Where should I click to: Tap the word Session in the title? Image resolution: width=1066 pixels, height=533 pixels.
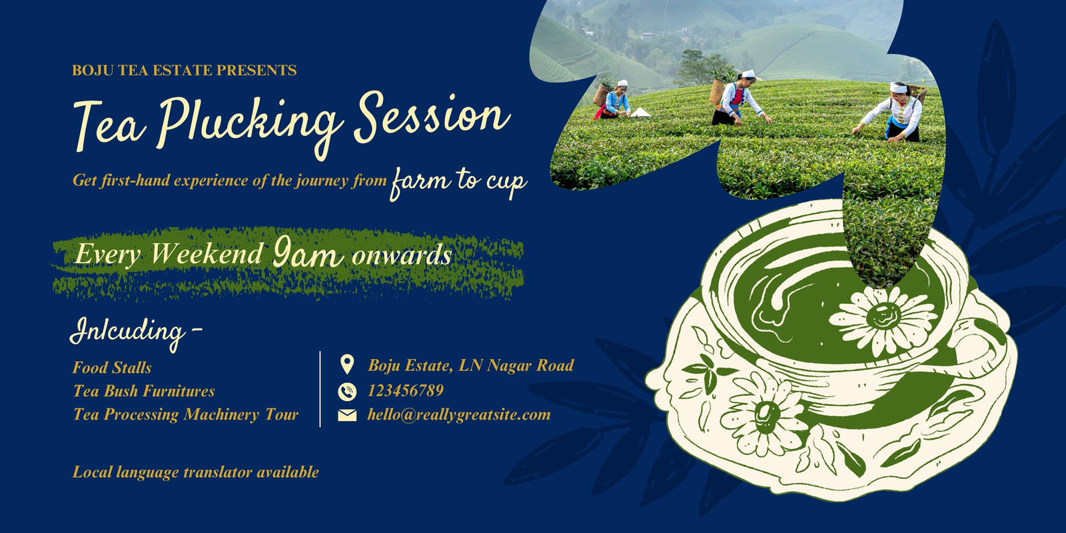[x=432, y=117]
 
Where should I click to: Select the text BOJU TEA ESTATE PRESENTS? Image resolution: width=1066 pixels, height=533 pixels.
[x=184, y=71]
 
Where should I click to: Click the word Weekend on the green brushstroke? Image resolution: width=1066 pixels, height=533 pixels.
[x=207, y=253]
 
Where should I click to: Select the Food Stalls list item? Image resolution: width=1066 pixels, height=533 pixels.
[x=112, y=368]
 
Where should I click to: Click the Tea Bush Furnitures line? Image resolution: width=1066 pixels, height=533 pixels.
[x=144, y=391]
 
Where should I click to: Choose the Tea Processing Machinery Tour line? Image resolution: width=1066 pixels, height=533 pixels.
[x=186, y=414]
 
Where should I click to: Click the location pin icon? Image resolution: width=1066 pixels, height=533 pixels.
[x=347, y=364]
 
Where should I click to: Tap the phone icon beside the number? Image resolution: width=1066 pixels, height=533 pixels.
[x=347, y=392]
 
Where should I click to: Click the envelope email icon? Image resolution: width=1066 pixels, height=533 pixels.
[x=347, y=416]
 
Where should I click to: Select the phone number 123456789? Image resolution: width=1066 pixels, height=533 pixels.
[x=406, y=390]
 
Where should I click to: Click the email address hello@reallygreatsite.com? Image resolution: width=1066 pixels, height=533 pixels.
[x=459, y=414]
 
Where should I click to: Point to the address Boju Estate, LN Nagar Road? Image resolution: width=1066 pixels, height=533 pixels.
[x=470, y=366]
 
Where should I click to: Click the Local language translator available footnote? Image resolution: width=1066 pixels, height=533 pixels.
[x=196, y=472]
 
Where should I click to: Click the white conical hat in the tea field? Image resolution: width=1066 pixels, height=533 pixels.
[x=640, y=113]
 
